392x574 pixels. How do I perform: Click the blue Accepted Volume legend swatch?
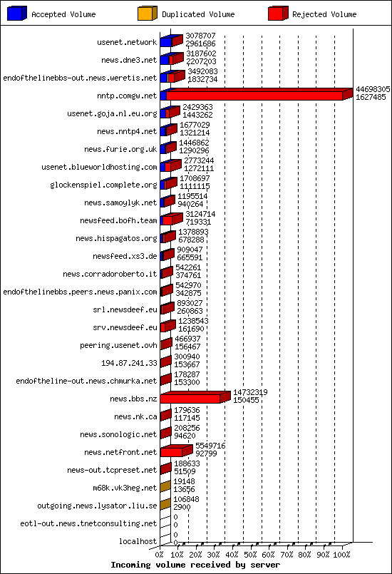(x=18, y=14)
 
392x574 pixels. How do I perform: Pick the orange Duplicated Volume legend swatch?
(x=147, y=14)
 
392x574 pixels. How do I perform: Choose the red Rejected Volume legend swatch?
(x=278, y=14)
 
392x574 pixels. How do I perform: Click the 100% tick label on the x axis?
(x=342, y=554)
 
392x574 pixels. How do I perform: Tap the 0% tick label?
(x=160, y=554)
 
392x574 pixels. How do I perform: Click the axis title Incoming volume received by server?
(x=195, y=565)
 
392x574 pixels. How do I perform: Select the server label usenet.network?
(x=127, y=42)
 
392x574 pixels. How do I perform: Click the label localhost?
(x=138, y=541)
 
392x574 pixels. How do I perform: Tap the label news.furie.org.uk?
(x=120, y=149)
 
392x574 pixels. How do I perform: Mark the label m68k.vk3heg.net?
(x=125, y=488)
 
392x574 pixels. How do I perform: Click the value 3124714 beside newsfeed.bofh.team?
(x=200, y=214)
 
